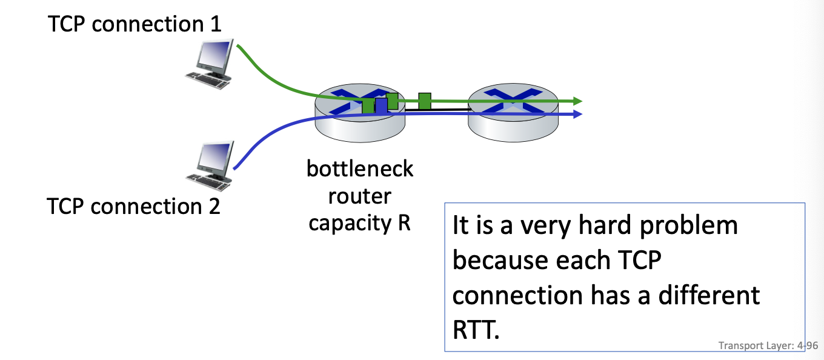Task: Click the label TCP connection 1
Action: point(135,24)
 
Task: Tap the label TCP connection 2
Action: point(133,206)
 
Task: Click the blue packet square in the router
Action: point(381,106)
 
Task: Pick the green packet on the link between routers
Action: point(425,101)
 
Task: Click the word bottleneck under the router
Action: point(360,168)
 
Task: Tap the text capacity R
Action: point(360,222)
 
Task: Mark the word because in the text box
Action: point(491,261)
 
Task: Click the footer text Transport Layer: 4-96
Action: point(768,345)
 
